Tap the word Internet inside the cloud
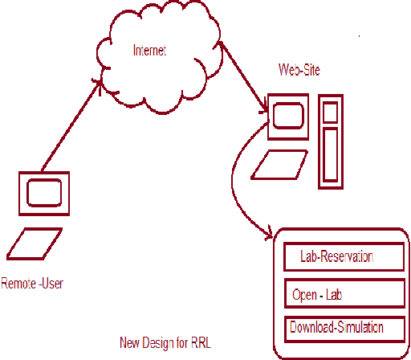[x=149, y=51]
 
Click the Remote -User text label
[x=32, y=283]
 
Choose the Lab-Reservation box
[x=344, y=257]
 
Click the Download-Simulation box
[x=344, y=329]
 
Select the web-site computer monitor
[x=287, y=117]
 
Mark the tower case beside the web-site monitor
[x=329, y=142]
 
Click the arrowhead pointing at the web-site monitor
[x=262, y=108]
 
